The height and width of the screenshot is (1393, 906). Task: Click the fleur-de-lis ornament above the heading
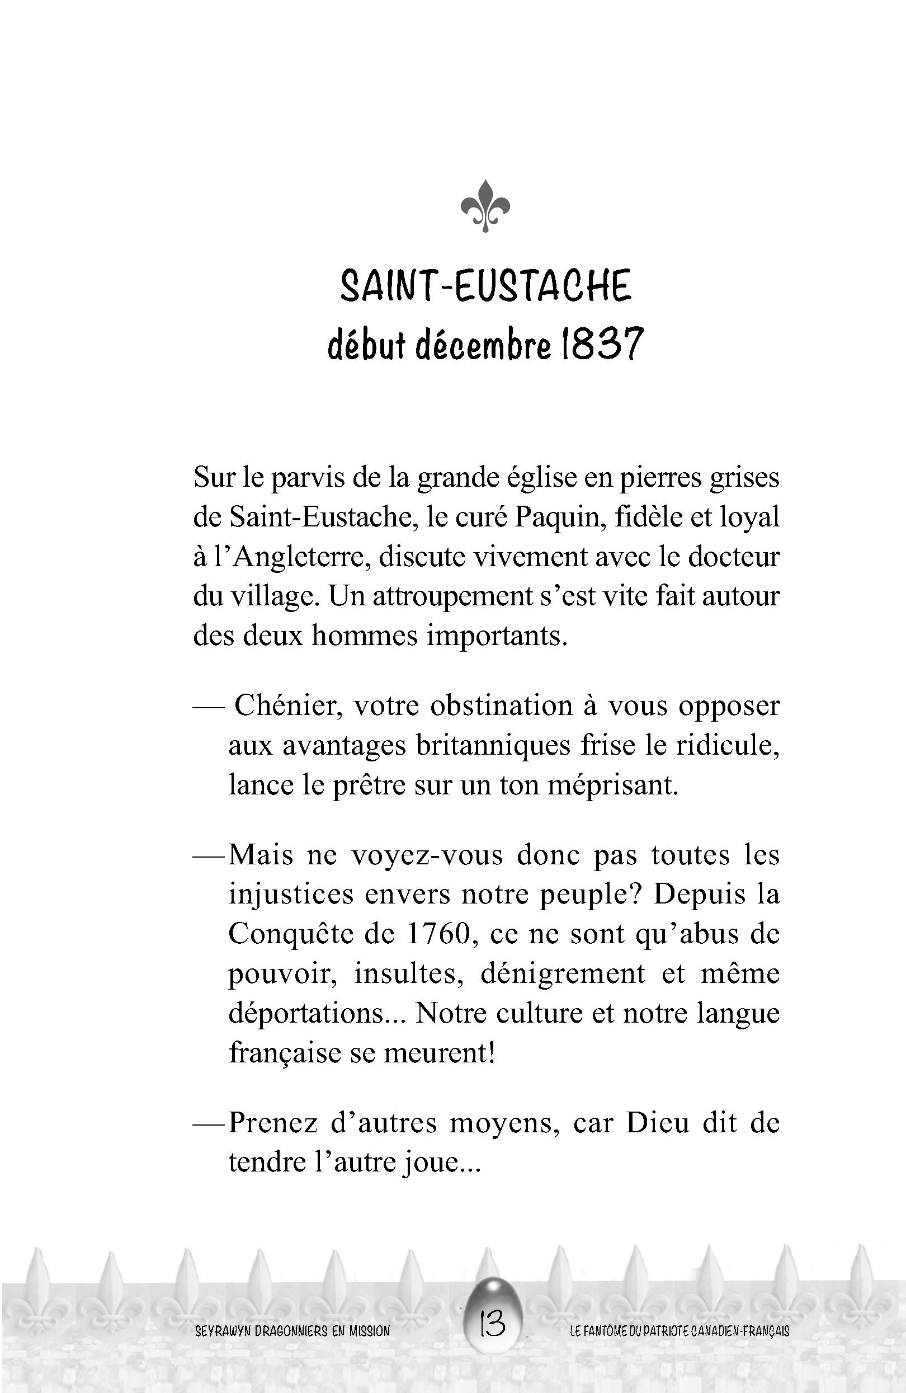[485, 206]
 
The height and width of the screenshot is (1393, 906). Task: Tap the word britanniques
[494, 746]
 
